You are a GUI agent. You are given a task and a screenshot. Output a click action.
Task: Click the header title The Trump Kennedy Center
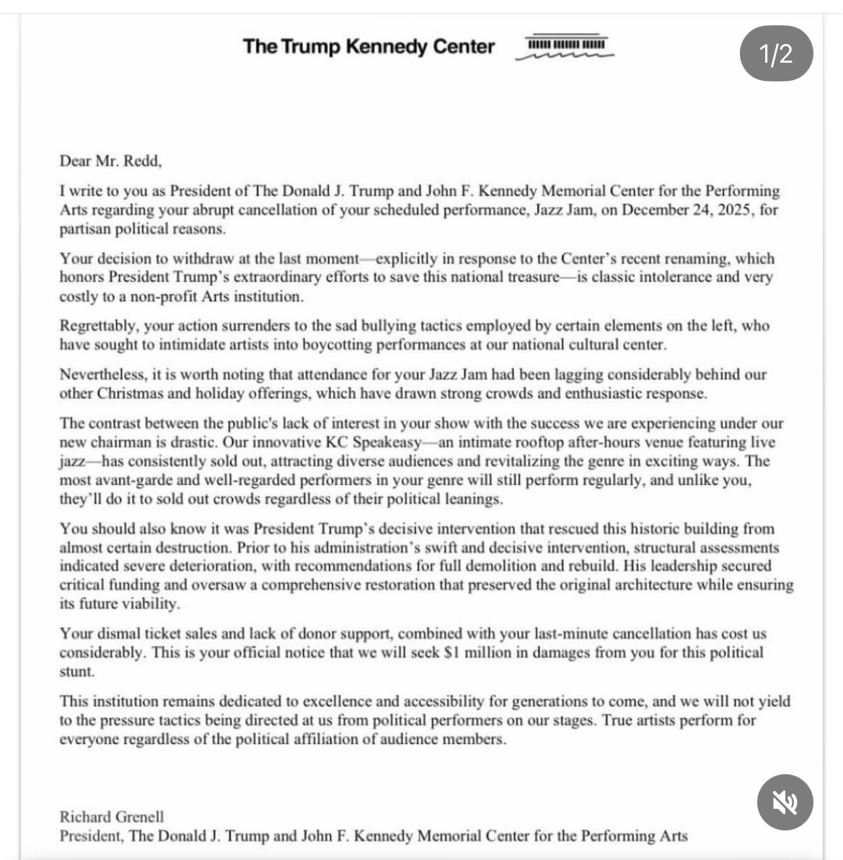coord(368,47)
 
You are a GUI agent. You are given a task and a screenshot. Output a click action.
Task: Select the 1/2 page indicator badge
coord(776,54)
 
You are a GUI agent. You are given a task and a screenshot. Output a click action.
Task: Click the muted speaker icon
coord(785,802)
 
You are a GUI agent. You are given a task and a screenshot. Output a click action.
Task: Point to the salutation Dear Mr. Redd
coord(110,161)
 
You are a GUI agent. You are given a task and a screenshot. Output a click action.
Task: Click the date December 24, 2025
coord(688,210)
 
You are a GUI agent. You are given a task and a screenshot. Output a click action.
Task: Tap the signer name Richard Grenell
coord(112,817)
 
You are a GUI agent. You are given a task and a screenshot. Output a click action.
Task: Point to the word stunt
coord(76,672)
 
